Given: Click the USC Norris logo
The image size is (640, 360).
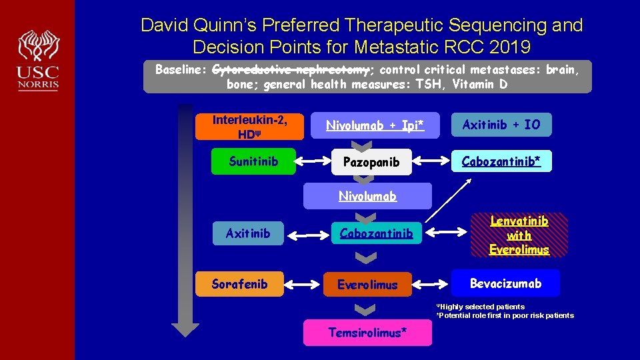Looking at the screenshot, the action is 39,60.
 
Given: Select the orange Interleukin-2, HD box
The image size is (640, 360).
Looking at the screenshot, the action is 249,127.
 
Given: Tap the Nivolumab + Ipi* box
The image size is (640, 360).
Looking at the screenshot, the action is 375,125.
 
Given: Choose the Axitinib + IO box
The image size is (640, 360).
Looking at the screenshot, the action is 501,125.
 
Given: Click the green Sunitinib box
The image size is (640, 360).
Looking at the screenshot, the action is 253,161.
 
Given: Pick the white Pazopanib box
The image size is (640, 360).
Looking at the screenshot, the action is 371,162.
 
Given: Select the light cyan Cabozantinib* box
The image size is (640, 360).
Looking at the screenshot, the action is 501,161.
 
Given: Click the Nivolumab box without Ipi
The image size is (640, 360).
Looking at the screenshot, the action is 367,196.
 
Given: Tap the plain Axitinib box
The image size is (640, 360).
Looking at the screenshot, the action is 248,233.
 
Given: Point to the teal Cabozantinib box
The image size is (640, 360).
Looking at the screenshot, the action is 376,233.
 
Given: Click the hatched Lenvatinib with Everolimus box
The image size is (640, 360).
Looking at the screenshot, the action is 519,235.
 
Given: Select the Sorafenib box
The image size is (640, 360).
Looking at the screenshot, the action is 239,284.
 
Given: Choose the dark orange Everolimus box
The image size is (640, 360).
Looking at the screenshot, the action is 367,284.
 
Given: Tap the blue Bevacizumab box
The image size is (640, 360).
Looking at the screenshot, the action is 505,283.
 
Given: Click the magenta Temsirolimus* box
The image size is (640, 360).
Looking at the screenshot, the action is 367,332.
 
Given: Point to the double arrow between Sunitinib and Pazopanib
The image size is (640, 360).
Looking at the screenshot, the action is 313,161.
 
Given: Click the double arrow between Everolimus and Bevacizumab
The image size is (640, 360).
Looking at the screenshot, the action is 430,284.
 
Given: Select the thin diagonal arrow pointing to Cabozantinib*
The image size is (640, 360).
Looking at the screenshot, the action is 448,201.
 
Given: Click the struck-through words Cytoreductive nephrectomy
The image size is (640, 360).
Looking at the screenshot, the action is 291,70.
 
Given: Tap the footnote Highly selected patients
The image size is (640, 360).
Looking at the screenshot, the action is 481,307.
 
